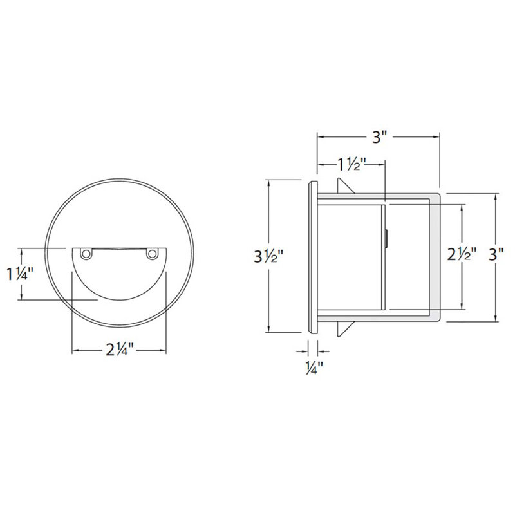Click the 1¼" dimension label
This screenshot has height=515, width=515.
21,274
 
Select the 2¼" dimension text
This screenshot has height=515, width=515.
120,350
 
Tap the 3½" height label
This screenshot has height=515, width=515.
268,256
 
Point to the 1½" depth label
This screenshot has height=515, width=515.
351,164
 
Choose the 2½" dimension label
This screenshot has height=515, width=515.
462,254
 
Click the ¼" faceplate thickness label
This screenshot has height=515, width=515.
314,368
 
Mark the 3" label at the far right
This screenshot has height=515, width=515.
496,254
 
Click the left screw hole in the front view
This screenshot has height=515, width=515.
86,254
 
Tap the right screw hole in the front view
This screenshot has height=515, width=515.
152,254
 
